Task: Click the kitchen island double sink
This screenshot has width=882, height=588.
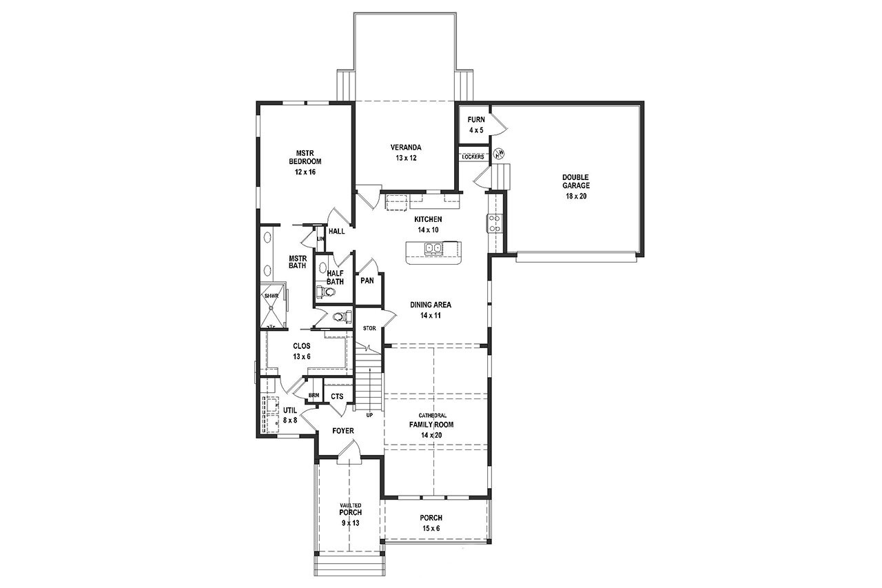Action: point(433,249)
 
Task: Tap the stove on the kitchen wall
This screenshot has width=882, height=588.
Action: point(494,222)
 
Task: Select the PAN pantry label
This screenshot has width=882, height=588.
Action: point(367,281)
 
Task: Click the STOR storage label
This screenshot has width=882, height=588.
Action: point(369,328)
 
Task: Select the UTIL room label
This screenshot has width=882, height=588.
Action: point(290,414)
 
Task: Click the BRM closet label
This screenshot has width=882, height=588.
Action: point(314,395)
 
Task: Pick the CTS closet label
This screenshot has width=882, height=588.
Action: point(337,396)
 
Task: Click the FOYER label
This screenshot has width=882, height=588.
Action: point(342,431)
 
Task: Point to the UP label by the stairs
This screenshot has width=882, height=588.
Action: point(369,415)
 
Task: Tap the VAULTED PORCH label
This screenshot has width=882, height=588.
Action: point(350,514)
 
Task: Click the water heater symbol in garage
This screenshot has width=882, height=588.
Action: point(501,152)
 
